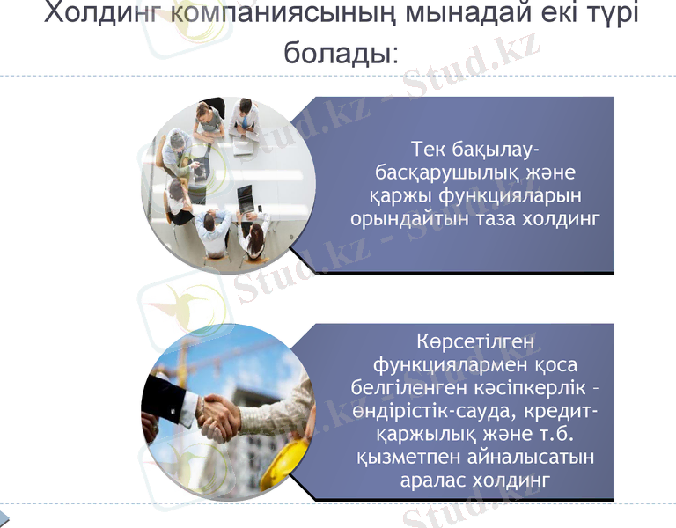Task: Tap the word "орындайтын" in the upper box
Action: pos(417,218)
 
